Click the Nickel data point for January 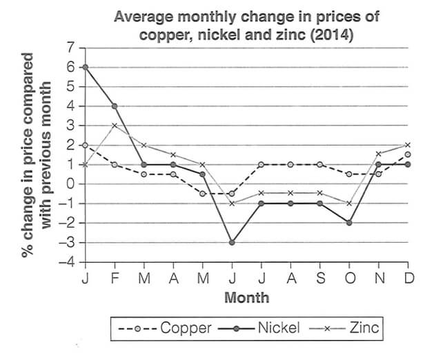point(85,67)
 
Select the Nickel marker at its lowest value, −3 point(233,243)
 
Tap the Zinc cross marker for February point(115,126)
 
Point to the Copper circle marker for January point(85,146)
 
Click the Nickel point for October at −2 point(349,223)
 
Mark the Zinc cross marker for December point(408,145)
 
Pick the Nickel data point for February point(115,106)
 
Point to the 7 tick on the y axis point(70,48)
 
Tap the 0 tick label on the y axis point(70,184)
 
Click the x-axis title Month point(246,298)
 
